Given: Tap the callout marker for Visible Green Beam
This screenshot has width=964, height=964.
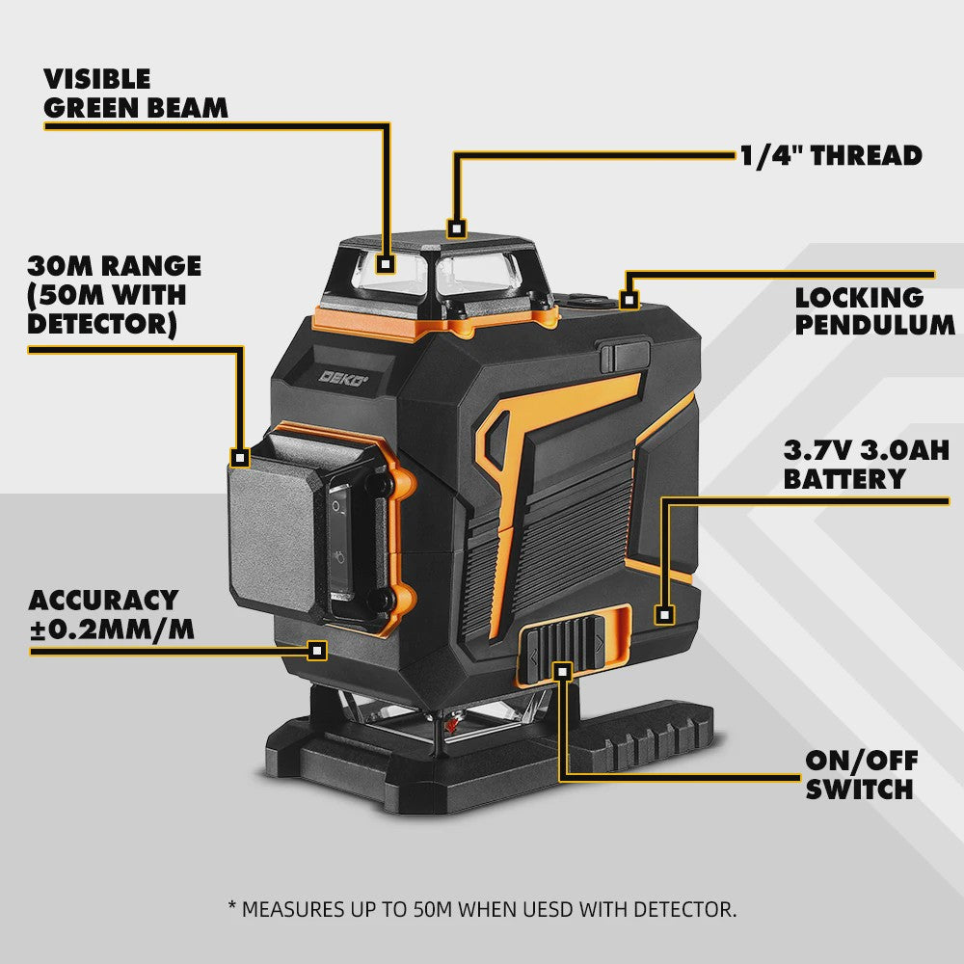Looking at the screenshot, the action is click(386, 264).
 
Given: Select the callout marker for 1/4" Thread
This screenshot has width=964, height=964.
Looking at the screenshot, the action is click(456, 228).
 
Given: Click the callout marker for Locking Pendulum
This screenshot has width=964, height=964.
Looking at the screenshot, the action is click(629, 300).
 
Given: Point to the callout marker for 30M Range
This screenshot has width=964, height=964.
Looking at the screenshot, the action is click(240, 457).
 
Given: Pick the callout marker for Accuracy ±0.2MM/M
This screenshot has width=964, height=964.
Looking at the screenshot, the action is click(317, 650).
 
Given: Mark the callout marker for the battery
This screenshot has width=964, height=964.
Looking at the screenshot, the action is click(664, 614).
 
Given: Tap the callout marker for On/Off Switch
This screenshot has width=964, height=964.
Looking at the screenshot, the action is click(562, 671).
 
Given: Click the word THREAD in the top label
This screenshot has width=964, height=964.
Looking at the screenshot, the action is click(867, 155).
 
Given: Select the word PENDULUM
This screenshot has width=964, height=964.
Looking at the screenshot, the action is click(875, 325).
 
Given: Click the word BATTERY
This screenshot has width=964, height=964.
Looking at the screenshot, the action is click(844, 479).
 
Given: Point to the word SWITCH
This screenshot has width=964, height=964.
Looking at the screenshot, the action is click(860, 789).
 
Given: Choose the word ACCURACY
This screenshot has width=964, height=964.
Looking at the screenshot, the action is click(103, 600).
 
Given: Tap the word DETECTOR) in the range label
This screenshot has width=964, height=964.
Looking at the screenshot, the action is click(102, 324).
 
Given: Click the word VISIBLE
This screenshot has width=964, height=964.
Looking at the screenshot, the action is click(97, 79).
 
